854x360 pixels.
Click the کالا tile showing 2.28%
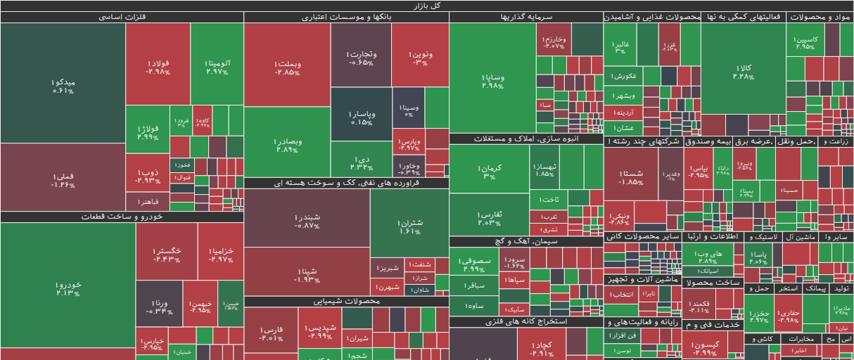click(x=743, y=70)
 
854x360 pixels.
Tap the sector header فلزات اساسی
click(x=122, y=17)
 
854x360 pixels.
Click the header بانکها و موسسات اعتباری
click(x=346, y=17)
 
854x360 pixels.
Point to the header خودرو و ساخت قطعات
click(x=122, y=217)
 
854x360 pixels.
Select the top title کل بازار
click(x=427, y=6)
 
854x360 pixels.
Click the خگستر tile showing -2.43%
click(x=166, y=253)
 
